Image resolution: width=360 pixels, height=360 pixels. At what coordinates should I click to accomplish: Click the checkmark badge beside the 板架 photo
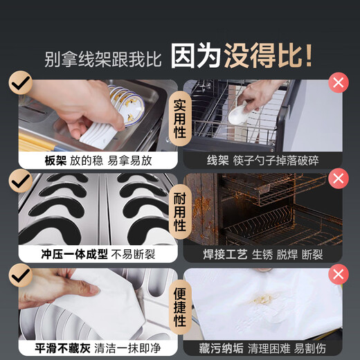[x=21, y=82]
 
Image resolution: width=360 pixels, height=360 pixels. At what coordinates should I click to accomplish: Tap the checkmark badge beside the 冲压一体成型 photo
[x=21, y=181]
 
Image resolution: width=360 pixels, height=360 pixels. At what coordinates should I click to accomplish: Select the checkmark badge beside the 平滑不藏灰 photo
[x=21, y=276]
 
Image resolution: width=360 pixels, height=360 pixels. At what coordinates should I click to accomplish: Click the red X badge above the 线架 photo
[x=339, y=82]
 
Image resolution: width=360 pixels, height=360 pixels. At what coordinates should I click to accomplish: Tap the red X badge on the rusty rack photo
[x=339, y=179]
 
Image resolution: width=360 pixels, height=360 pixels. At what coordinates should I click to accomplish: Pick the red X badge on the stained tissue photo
[x=339, y=274]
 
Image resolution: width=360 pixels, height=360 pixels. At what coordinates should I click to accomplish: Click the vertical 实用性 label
[x=180, y=118]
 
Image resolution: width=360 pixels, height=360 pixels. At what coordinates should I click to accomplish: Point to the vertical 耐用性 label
[x=180, y=212]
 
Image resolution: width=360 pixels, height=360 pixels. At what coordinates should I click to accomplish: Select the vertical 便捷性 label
[x=180, y=307]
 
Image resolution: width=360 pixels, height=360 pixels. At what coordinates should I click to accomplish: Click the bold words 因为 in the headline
[x=196, y=56]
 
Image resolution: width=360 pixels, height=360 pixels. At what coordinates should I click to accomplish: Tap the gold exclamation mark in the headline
[x=308, y=56]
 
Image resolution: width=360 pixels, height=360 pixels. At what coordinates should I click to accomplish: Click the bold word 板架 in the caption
[x=55, y=161]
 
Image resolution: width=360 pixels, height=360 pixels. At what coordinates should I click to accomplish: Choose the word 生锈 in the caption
[x=262, y=255]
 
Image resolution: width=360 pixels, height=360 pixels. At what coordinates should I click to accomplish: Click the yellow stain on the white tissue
[x=263, y=299]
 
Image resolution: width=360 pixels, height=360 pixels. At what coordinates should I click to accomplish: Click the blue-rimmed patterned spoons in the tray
[x=127, y=104]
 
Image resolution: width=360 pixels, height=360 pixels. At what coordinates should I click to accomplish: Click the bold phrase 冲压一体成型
[x=75, y=254]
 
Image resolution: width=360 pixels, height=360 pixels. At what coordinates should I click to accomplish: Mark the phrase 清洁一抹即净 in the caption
[x=127, y=348]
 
